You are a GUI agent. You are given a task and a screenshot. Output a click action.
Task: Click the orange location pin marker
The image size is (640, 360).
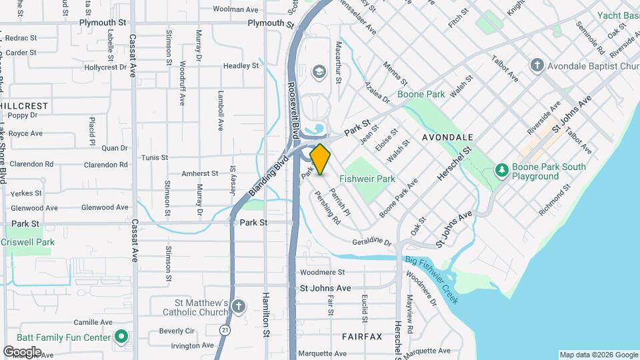click(x=320, y=159)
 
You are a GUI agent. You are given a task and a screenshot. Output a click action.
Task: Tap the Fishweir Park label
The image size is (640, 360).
click(x=367, y=179)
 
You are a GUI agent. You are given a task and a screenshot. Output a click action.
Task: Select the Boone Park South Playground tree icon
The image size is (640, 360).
click(x=501, y=171)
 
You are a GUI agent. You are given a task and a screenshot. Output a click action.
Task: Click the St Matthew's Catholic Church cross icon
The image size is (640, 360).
click(x=239, y=307)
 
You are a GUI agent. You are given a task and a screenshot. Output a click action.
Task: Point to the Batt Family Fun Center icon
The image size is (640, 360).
click(x=121, y=337)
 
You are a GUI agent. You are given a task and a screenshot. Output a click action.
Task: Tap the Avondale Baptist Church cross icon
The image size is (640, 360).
click(x=537, y=65)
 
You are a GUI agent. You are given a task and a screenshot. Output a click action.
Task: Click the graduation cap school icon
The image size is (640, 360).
click(x=319, y=71)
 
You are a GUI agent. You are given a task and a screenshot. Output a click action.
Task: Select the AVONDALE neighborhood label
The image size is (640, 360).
click(x=447, y=137)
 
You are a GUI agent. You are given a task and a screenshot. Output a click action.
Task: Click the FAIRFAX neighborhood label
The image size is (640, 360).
click(x=362, y=337)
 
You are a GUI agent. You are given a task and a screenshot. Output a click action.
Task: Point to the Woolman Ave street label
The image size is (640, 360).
click(x=235, y=9)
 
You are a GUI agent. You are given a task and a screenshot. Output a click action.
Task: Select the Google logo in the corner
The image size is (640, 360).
click(x=22, y=351)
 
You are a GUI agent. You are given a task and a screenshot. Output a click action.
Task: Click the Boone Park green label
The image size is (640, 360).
click(x=421, y=95)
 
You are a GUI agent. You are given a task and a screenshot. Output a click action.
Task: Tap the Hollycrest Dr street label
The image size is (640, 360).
click(x=105, y=67)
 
